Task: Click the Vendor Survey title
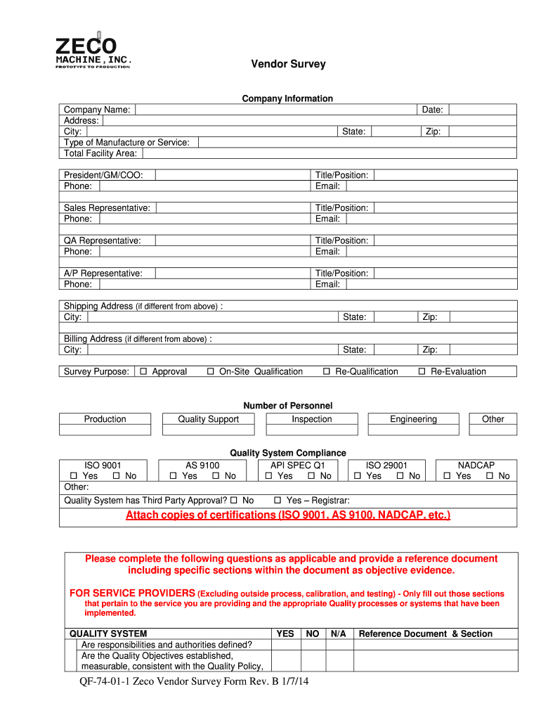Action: coord(289,64)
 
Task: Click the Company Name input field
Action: coord(275,110)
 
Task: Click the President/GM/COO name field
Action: coord(233,175)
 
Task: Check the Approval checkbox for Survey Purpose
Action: coord(143,372)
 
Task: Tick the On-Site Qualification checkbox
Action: coord(211,372)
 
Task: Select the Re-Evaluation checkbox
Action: coord(422,372)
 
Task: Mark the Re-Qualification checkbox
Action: coord(327,372)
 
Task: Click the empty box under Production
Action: coord(105,430)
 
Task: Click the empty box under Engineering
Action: coord(413,430)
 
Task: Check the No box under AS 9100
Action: coord(216,477)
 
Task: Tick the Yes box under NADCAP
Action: coord(448,477)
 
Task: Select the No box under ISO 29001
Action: coord(400,477)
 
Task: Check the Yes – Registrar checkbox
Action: coord(278,501)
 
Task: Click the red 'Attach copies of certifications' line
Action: coord(288,515)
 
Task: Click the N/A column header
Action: coord(338,634)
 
